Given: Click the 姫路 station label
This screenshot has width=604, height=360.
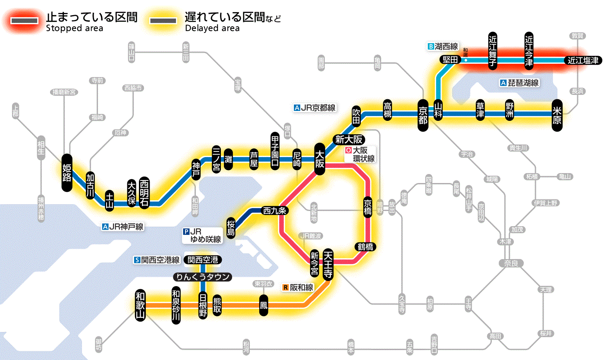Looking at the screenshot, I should click(66, 172).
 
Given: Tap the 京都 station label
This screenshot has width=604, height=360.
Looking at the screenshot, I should click(423, 114).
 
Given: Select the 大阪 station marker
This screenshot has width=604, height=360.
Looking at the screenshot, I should click(320, 159).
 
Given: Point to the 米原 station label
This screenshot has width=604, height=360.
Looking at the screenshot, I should click(557, 114).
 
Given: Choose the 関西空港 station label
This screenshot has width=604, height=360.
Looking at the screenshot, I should click(203, 260).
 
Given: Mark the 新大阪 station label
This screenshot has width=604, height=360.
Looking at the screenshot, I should click(349, 139).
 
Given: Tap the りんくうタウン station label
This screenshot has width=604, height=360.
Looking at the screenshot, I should click(202, 277).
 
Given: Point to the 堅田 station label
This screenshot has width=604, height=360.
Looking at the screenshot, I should click(450, 60).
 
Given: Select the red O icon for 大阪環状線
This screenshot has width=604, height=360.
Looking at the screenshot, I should click(349, 151).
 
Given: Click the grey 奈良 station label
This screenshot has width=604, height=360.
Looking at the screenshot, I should click(510, 263).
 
